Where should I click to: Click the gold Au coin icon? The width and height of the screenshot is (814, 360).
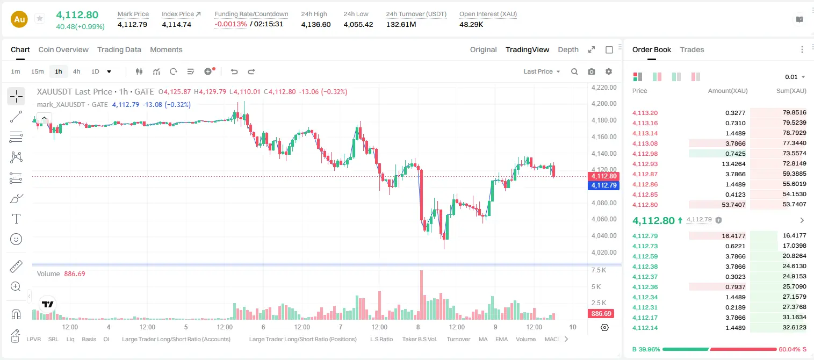coord(19,19)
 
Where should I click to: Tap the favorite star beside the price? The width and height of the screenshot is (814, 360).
coord(40,18)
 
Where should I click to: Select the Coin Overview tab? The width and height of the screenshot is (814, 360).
coord(63,49)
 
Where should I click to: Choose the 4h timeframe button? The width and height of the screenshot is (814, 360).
coord(76,71)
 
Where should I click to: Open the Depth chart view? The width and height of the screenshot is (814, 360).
coord(568,49)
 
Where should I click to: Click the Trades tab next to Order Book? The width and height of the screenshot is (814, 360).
coord(692,49)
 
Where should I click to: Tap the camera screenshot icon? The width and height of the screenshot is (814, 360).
coord(592,71)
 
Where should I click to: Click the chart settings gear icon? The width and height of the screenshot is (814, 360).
coord(609,71)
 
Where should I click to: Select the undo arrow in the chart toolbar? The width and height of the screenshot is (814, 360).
coord(234,71)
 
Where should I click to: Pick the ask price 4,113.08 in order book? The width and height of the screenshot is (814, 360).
coord(645,143)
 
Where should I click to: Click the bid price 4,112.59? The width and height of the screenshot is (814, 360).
coord(645,256)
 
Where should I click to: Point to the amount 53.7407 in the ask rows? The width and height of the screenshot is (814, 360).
coord(733,205)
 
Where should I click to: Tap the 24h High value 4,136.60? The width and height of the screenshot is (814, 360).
coord(316,24)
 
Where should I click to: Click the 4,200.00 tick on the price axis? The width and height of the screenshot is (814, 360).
coord(604,104)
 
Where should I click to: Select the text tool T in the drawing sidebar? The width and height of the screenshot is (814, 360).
coord(16,219)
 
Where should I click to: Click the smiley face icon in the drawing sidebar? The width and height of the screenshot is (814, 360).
coord(16,239)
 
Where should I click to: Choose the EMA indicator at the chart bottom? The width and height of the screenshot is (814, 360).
coord(501,339)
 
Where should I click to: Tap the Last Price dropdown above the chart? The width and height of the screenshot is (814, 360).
coord(542,71)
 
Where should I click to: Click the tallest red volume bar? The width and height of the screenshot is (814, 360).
coord(422,294)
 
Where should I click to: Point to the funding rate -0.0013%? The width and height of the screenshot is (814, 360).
coord(230,24)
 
